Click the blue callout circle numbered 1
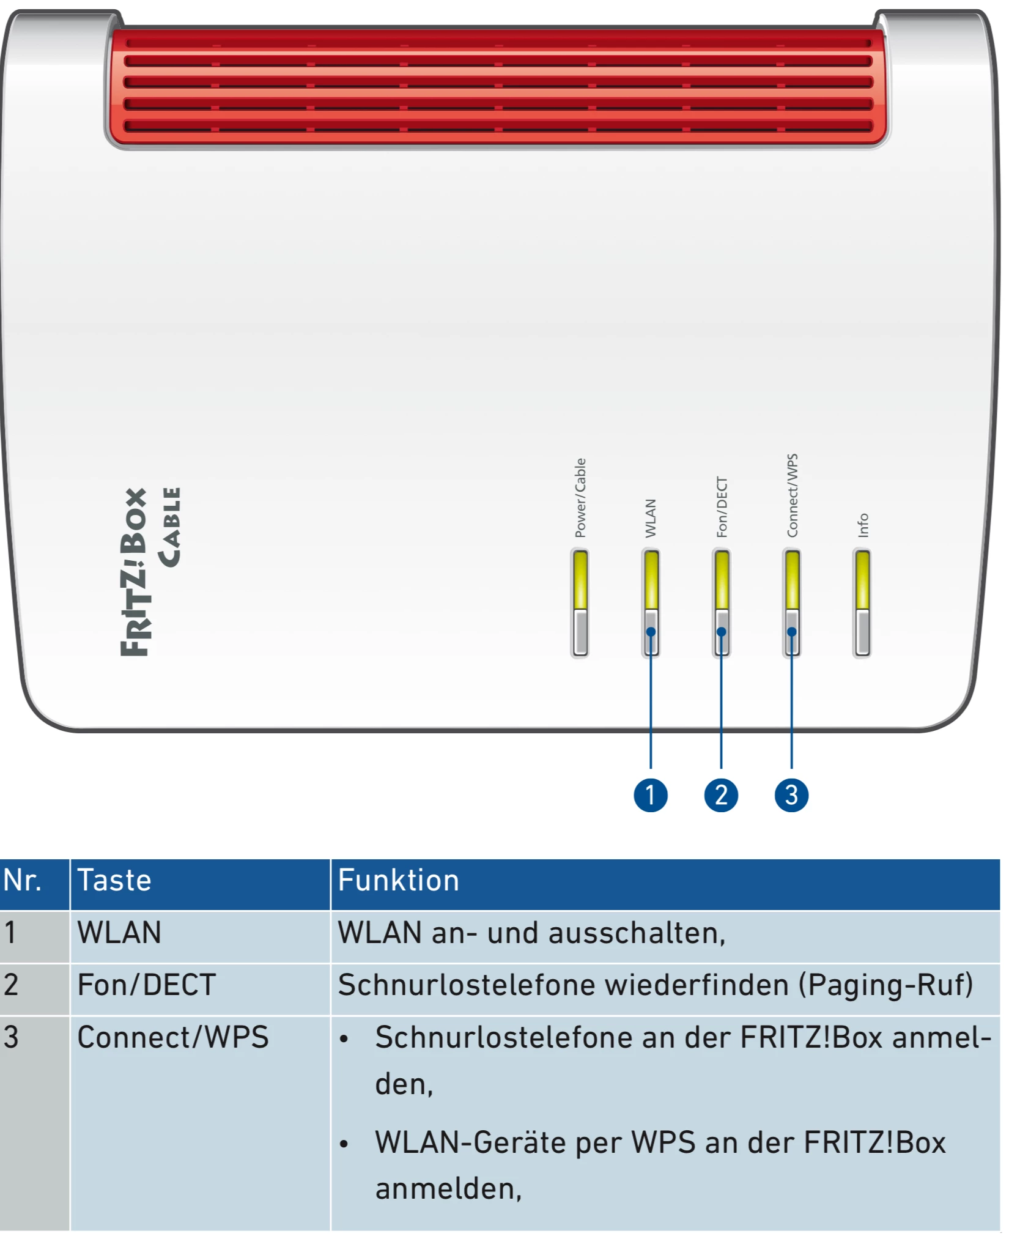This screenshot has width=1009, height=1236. pos(650,795)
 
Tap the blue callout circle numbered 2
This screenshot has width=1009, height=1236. pos(721,795)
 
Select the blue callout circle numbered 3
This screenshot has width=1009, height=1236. pos(791,795)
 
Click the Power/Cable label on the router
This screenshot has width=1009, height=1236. pos(580,498)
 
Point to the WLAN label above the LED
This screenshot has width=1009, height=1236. pos(651,518)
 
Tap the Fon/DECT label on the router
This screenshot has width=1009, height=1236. pos(722,507)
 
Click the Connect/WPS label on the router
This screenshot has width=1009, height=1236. pos(792,495)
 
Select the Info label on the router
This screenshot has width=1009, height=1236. pos(863,525)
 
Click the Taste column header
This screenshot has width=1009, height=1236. pos(114,881)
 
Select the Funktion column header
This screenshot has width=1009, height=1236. pos(398,881)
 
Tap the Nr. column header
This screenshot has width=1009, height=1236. pos(23,881)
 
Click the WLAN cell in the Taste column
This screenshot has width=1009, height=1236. pos(119,933)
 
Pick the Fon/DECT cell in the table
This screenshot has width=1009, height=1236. pos(146,985)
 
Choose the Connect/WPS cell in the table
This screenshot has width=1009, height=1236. pos(172,1038)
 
